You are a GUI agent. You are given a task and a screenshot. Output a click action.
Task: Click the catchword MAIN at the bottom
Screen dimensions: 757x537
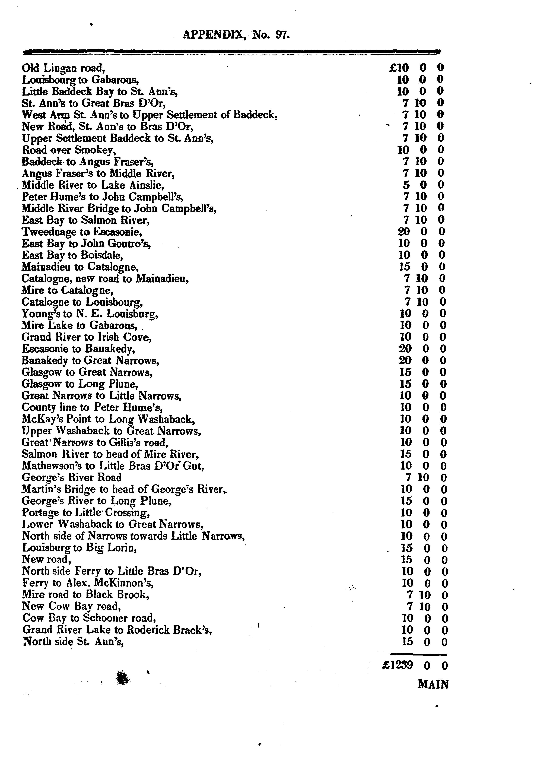433,684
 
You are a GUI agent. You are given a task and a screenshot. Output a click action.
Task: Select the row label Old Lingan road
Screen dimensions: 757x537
63,68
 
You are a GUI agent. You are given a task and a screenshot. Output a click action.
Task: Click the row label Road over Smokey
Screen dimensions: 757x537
69,150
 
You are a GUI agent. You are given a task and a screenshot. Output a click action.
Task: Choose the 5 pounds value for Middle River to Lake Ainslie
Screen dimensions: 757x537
406,185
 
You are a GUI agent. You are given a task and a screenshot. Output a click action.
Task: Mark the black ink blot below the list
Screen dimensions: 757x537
123,678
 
